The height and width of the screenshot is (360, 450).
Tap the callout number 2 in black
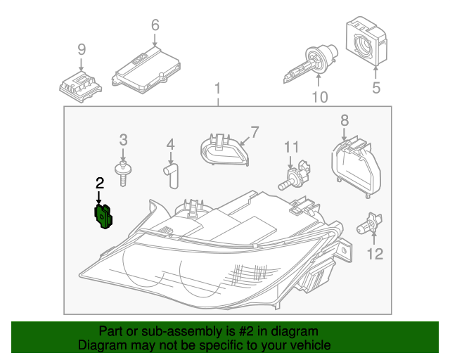100,184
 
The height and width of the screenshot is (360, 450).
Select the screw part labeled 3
124,172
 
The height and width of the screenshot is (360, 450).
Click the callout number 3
123,139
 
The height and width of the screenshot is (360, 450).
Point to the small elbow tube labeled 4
172,174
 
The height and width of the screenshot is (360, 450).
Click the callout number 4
170,145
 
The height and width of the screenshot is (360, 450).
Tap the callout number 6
155,26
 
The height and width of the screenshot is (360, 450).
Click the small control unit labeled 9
79,84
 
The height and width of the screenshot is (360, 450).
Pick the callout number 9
82,49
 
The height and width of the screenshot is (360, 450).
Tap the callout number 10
319,97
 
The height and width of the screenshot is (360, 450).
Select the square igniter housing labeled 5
368,42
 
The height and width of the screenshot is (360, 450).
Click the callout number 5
376,88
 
